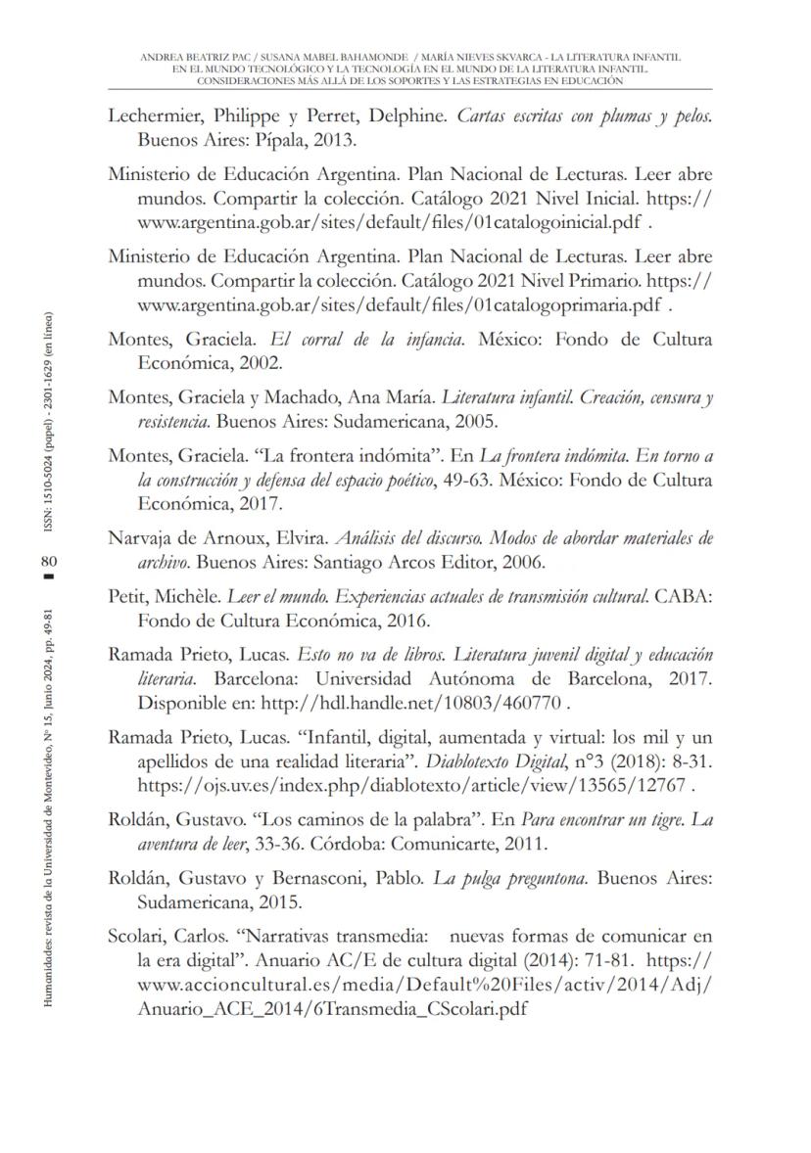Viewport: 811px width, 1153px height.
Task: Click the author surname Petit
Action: coord(128,598)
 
